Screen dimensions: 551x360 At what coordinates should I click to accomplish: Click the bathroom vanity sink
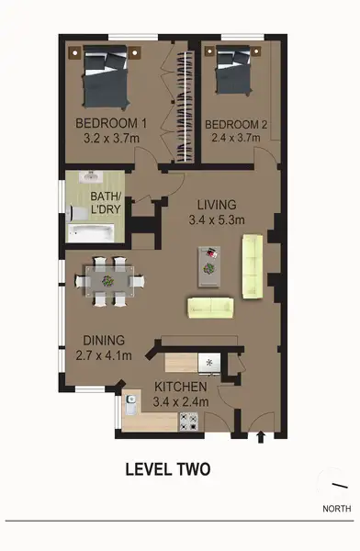(89, 178)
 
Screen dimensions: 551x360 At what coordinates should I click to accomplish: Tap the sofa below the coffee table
(211, 307)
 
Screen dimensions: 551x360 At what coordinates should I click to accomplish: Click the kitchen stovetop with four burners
(189, 422)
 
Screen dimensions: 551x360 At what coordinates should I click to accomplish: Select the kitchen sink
(130, 400)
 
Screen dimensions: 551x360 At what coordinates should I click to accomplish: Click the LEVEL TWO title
(168, 469)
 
